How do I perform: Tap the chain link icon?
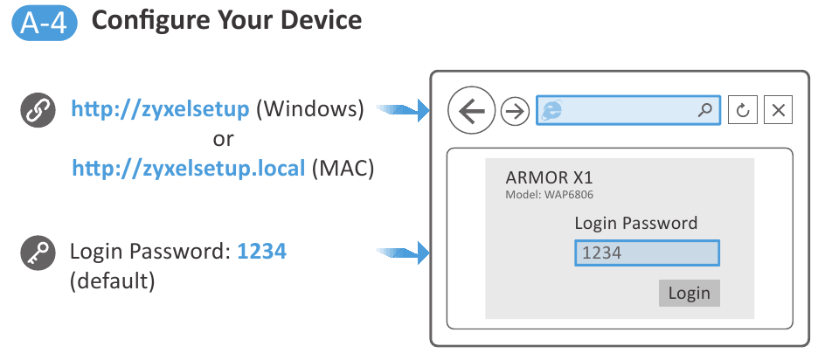point(38,112)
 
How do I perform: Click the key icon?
point(38,253)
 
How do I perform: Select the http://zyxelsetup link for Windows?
point(162,110)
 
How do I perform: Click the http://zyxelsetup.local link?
point(189,168)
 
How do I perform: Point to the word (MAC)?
point(343,168)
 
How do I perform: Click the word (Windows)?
point(311,110)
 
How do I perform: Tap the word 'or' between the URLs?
point(223,139)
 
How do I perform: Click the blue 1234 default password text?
point(261,253)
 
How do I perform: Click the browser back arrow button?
point(471,111)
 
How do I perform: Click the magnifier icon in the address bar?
point(705,111)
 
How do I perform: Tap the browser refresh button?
point(742,111)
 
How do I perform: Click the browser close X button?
point(778,111)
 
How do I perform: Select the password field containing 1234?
point(647,253)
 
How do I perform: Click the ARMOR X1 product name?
point(550,178)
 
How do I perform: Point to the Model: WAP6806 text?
point(555,194)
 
